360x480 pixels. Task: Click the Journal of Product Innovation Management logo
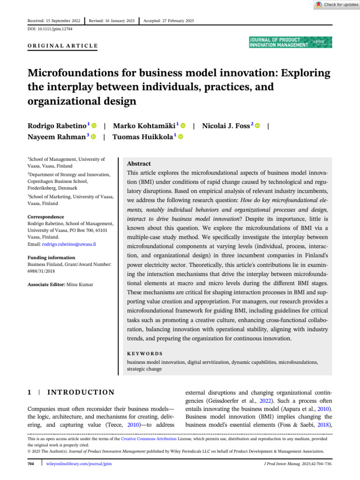coord(291,42)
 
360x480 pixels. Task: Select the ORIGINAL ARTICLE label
coord(63,46)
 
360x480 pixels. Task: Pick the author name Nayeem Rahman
coord(57,136)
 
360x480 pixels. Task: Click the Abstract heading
coord(139,164)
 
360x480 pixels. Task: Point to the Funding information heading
coord(51,258)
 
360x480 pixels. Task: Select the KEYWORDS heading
coord(145,353)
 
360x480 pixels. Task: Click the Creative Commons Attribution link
coord(149,439)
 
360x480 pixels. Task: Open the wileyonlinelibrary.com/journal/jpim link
coord(79,464)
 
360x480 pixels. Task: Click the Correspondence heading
coord(45,217)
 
